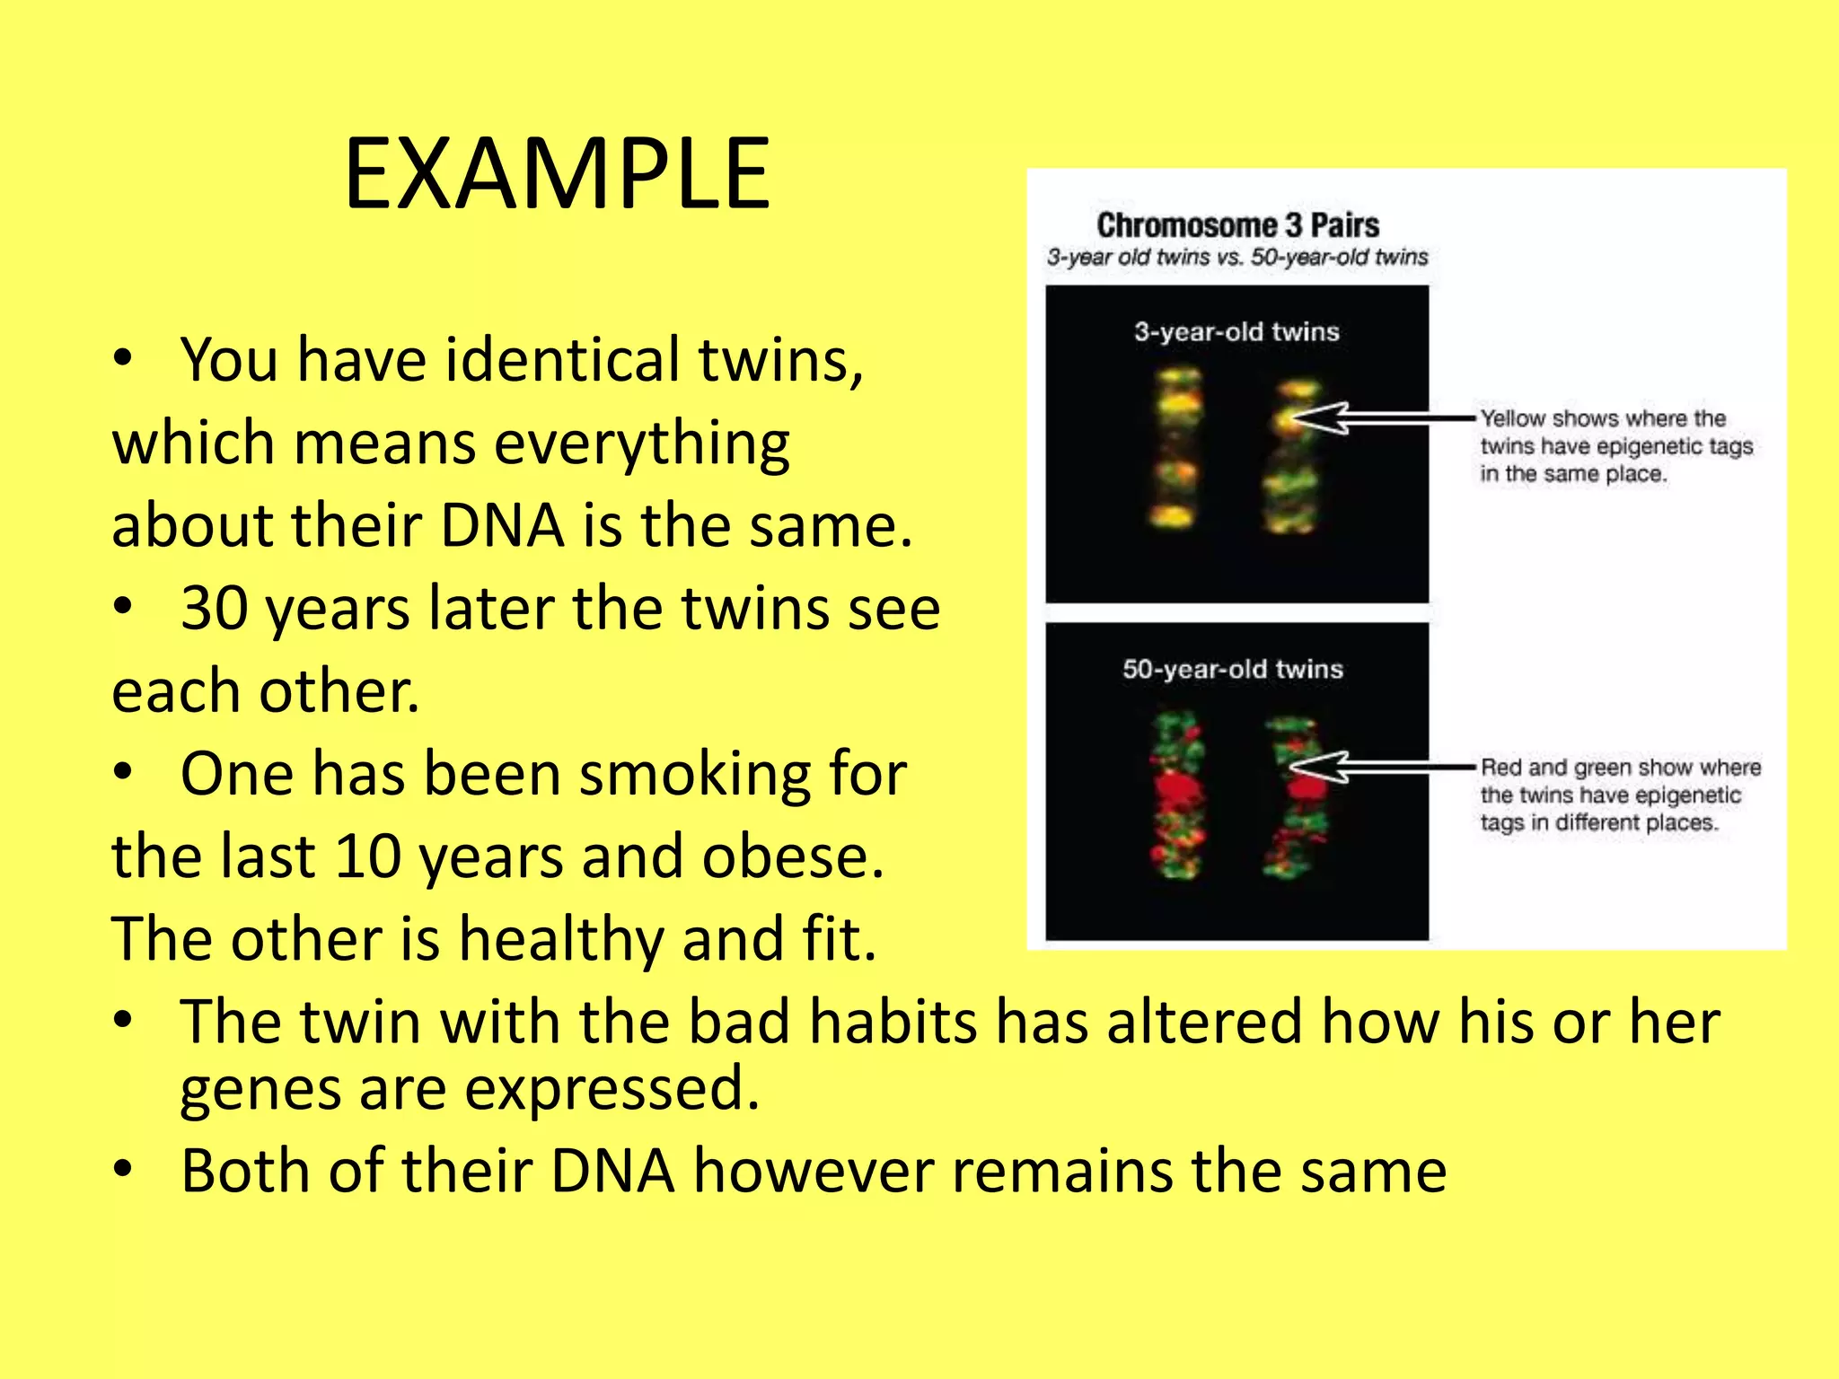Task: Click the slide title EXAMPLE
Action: tap(557, 173)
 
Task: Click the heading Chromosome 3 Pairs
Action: tap(1237, 224)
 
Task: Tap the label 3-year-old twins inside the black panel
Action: tap(1236, 332)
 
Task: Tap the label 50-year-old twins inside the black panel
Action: tap(1233, 669)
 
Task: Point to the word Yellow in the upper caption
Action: tap(1513, 418)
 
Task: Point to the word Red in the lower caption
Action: tap(1500, 768)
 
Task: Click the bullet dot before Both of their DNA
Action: tap(123, 1169)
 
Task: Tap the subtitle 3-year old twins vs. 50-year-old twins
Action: tap(1236, 258)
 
